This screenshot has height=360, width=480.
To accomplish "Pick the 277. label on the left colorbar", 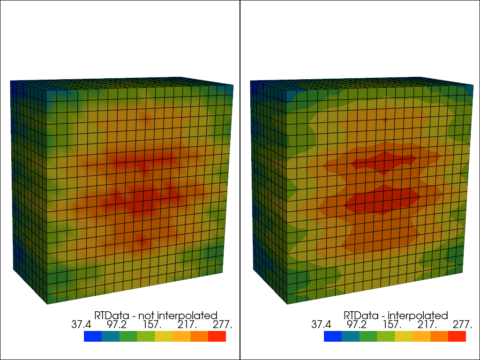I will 223,325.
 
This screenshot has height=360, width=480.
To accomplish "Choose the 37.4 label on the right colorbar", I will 321,325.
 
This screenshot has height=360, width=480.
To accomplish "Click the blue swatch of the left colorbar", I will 93,336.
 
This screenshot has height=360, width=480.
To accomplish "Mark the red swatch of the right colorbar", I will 457,336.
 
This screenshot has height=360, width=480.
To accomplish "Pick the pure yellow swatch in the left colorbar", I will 164,336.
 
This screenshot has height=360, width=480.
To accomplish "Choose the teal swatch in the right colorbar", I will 351,336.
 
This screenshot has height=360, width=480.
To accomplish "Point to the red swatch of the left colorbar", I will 217,336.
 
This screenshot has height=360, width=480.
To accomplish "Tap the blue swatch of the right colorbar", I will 333,336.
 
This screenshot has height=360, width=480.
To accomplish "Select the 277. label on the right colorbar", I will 463,325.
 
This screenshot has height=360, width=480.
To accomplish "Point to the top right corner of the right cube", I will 473,85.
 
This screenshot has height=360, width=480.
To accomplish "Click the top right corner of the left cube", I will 233,85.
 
